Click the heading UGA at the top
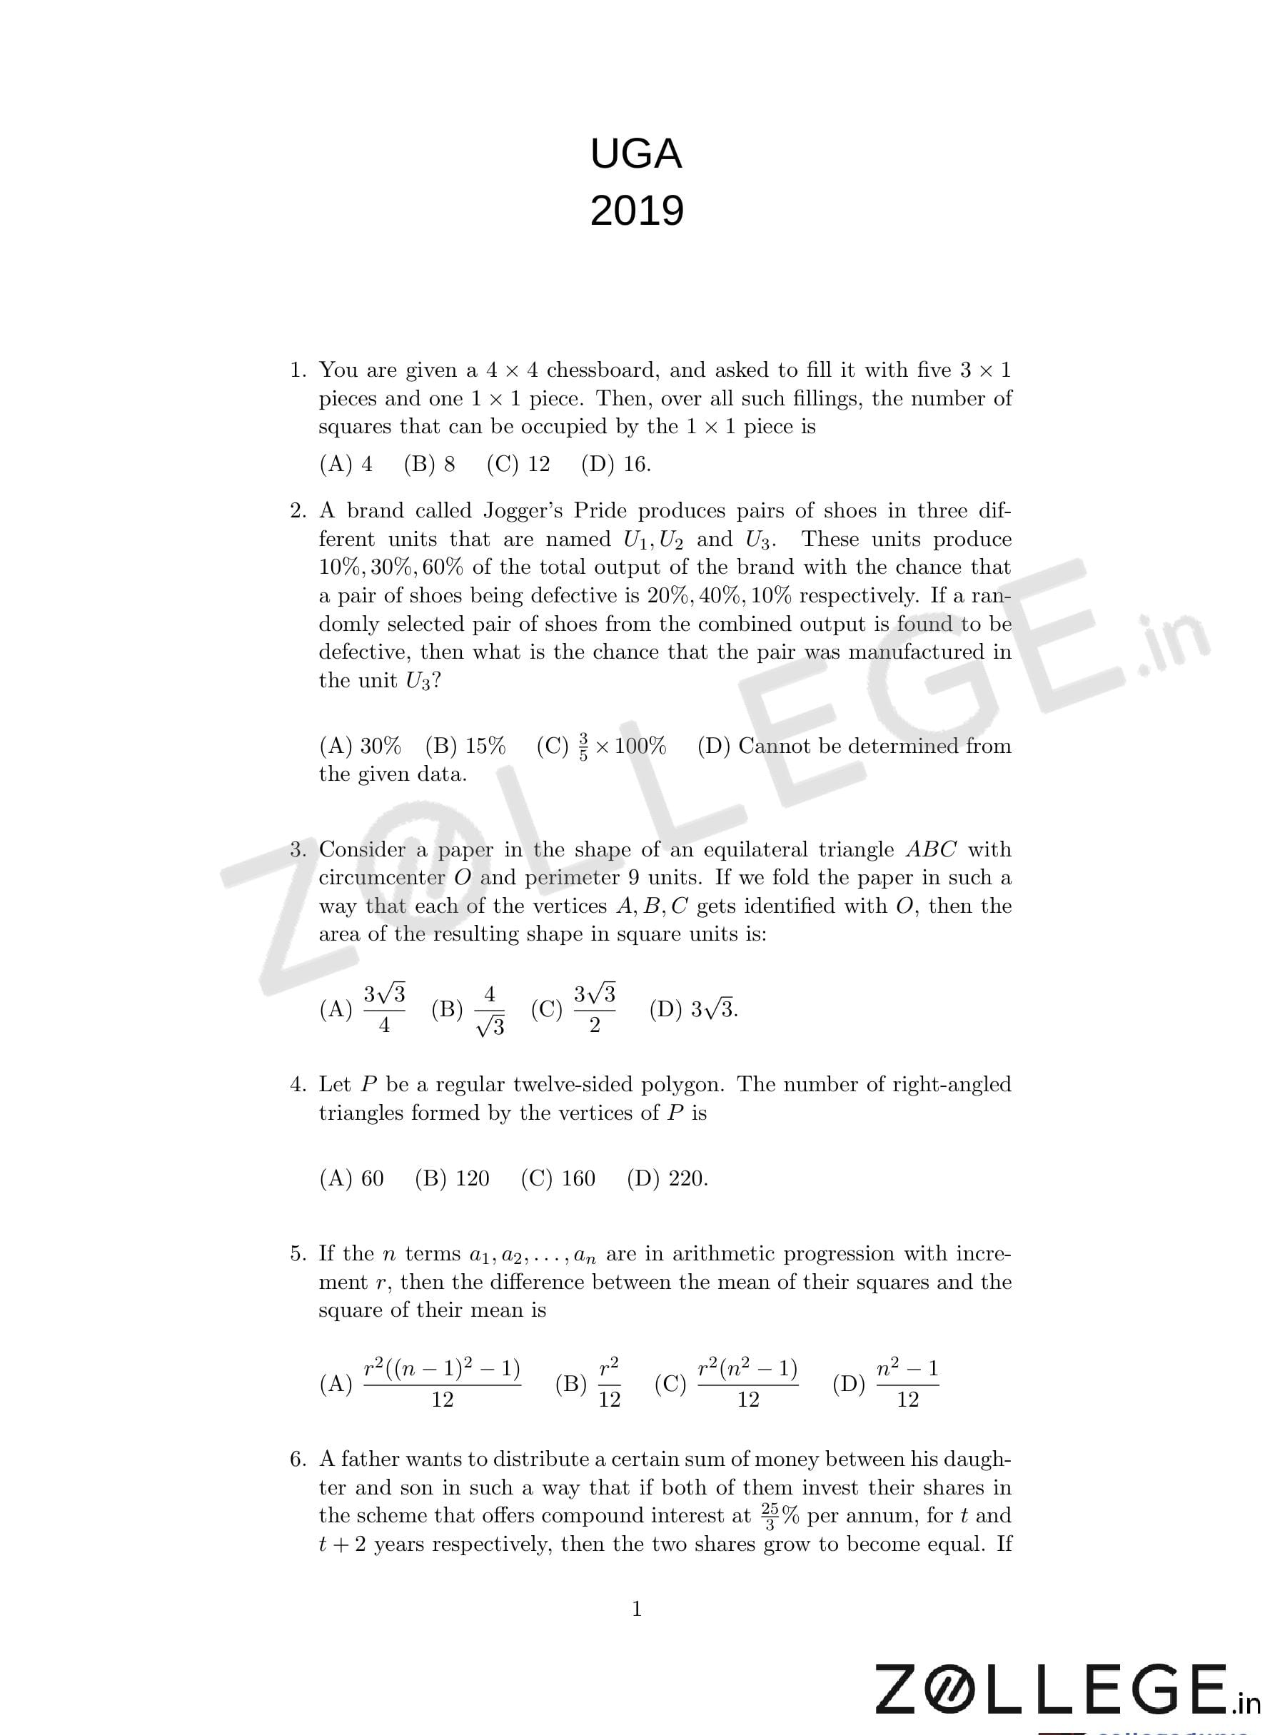pos(636,154)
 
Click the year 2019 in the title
pos(637,211)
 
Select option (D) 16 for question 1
pos(616,465)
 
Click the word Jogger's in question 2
pos(522,511)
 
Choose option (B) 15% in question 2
pos(465,746)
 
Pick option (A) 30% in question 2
pos(361,746)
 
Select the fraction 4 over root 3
pos(489,1011)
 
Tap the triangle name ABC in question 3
pos(931,849)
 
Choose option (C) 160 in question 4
pos(558,1178)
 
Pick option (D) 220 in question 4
pos(667,1178)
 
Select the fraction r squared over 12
pos(609,1385)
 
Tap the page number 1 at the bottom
pos(637,1609)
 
